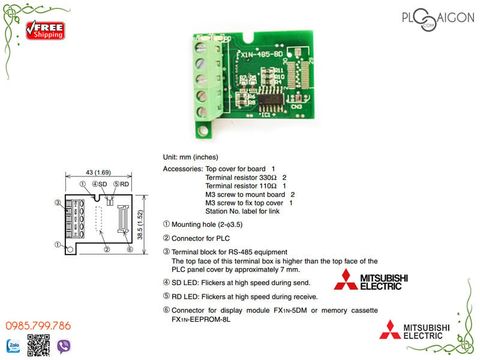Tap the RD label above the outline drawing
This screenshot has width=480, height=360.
pyautogui.click(x=120, y=184)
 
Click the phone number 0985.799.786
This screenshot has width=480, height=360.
pyautogui.click(x=41, y=325)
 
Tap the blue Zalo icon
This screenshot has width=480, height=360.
pyautogui.click(x=11, y=345)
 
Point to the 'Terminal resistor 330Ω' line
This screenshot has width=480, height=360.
pyautogui.click(x=246, y=178)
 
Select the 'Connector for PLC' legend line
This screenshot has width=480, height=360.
pyautogui.click(x=203, y=239)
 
